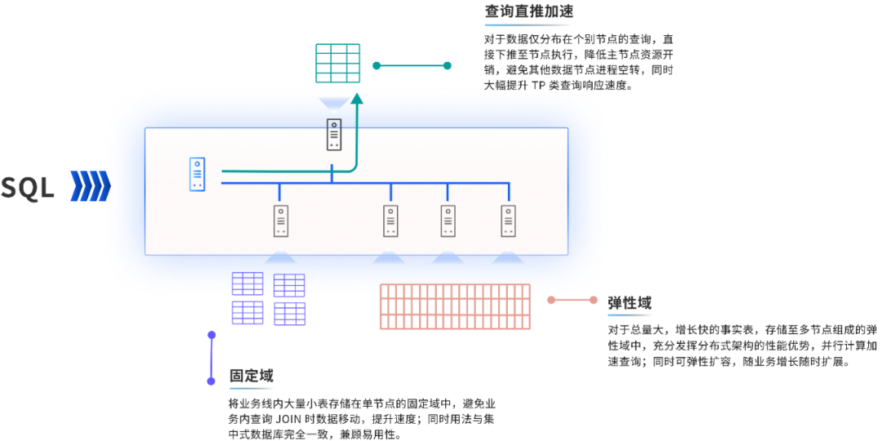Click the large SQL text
[28, 187]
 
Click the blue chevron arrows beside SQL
[90, 186]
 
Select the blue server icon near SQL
[196, 174]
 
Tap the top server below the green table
[333, 135]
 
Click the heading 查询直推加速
[528, 11]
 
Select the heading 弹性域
[629, 303]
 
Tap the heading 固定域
[251, 376]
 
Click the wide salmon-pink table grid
[455, 306]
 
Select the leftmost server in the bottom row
[280, 220]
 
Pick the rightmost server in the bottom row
[509, 220]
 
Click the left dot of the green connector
[376, 66]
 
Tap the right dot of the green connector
[447, 66]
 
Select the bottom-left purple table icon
[248, 313]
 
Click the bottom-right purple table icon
[289, 313]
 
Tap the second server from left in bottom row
[390, 220]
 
